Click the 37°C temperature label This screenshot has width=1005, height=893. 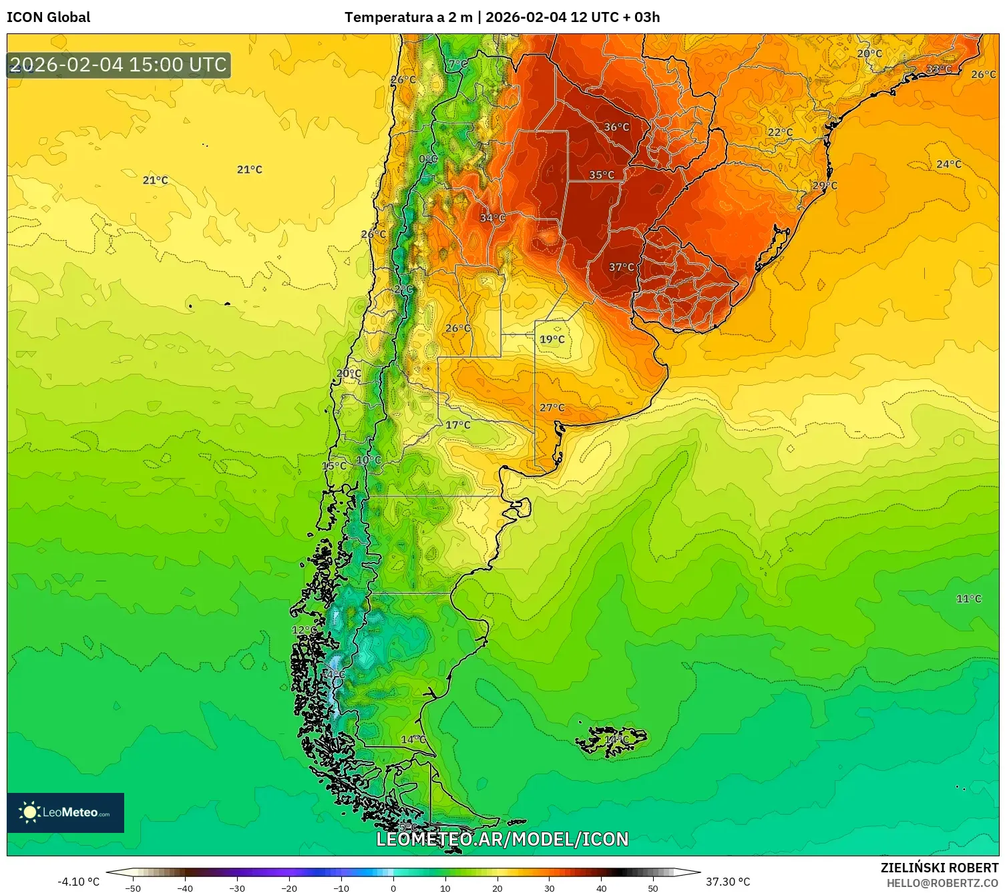tap(621, 267)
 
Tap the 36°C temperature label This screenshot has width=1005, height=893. tap(616, 127)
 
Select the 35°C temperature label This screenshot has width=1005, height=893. tap(601, 175)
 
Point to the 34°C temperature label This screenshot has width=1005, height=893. tap(492, 218)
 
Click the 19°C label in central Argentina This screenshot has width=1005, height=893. tap(552, 339)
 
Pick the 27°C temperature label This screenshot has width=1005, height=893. tap(552, 408)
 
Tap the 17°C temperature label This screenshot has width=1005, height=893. tap(457, 425)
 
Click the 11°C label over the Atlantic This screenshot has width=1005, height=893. tap(968, 599)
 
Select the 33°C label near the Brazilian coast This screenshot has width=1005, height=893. tap(938, 69)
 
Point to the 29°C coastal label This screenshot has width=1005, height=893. tap(824, 186)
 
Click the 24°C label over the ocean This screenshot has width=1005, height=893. tap(948, 164)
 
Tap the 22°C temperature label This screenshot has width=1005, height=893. tap(780, 132)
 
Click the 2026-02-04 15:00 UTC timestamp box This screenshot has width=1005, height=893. tap(119, 65)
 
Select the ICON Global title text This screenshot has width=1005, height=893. tap(48, 17)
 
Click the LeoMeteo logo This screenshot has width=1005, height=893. tap(65, 812)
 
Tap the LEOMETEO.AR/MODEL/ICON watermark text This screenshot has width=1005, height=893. tap(502, 839)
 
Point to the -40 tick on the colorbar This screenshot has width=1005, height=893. tap(185, 888)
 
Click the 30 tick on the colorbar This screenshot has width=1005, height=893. tap(549, 888)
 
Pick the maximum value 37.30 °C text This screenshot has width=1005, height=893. tap(728, 882)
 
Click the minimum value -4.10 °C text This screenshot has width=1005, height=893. tap(78, 882)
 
